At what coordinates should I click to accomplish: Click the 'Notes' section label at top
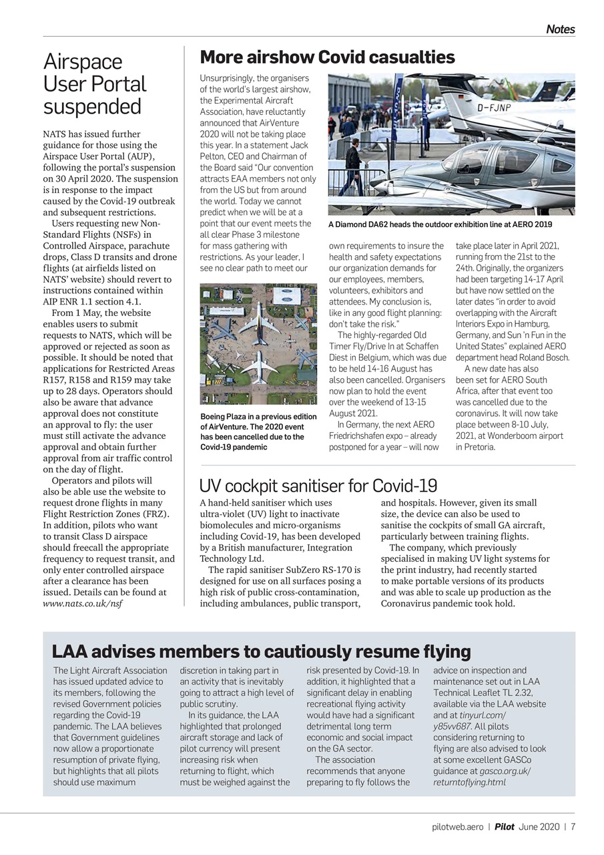coord(560,29)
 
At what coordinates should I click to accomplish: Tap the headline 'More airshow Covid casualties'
coord(327,57)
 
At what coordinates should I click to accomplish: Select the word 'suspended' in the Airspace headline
coord(92,107)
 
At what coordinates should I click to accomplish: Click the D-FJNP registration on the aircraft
coord(495,106)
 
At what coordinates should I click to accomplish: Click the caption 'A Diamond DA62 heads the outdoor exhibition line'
coord(440,224)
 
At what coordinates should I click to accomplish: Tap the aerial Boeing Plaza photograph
coord(258,343)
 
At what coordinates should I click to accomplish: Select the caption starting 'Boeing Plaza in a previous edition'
coord(258,432)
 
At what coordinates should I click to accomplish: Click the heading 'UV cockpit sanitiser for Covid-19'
coord(318,486)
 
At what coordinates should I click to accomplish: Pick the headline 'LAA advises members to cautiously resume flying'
coord(261,651)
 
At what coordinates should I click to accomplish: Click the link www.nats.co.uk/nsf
coord(82,603)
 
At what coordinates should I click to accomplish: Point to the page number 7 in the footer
coord(573,826)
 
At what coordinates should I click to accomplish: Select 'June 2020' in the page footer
coord(539,826)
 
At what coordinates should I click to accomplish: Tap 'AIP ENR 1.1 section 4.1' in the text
coord(92,301)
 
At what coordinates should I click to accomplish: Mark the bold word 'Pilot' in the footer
coord(504,826)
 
